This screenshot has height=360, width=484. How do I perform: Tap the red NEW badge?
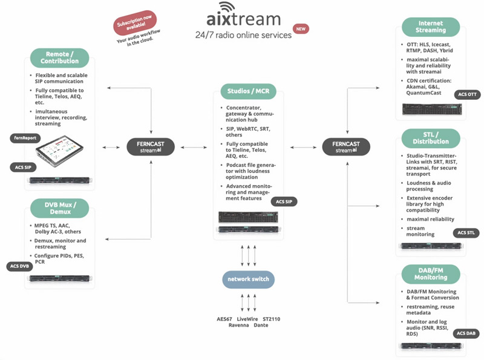(301, 28)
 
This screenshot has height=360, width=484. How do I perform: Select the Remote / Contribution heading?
(59, 57)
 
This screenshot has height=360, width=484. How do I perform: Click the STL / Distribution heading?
(430, 138)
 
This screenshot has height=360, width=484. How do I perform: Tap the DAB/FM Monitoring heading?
(430, 273)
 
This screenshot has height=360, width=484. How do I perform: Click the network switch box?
(249, 279)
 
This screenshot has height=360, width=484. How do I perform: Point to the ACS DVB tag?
(19, 266)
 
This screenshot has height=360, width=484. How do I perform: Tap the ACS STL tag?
(466, 233)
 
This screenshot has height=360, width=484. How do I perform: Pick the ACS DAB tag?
(466, 333)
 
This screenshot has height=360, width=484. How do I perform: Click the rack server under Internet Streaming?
(430, 110)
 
